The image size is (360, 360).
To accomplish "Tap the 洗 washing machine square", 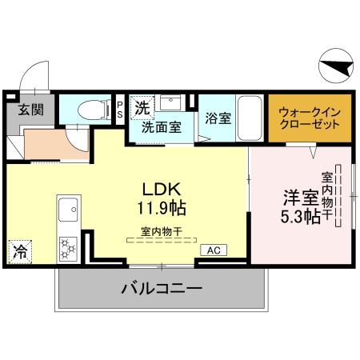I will point(140,106).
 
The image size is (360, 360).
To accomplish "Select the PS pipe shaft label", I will point(120,110).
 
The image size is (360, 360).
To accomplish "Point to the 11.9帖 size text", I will point(165,209).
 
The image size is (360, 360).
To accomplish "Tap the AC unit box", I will point(214,250).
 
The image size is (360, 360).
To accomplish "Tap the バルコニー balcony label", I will point(161,288).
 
